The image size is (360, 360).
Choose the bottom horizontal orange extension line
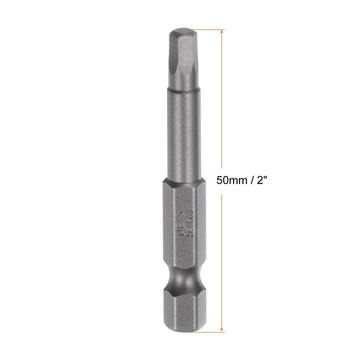(207, 333)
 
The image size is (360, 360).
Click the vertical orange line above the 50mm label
(222, 103)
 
